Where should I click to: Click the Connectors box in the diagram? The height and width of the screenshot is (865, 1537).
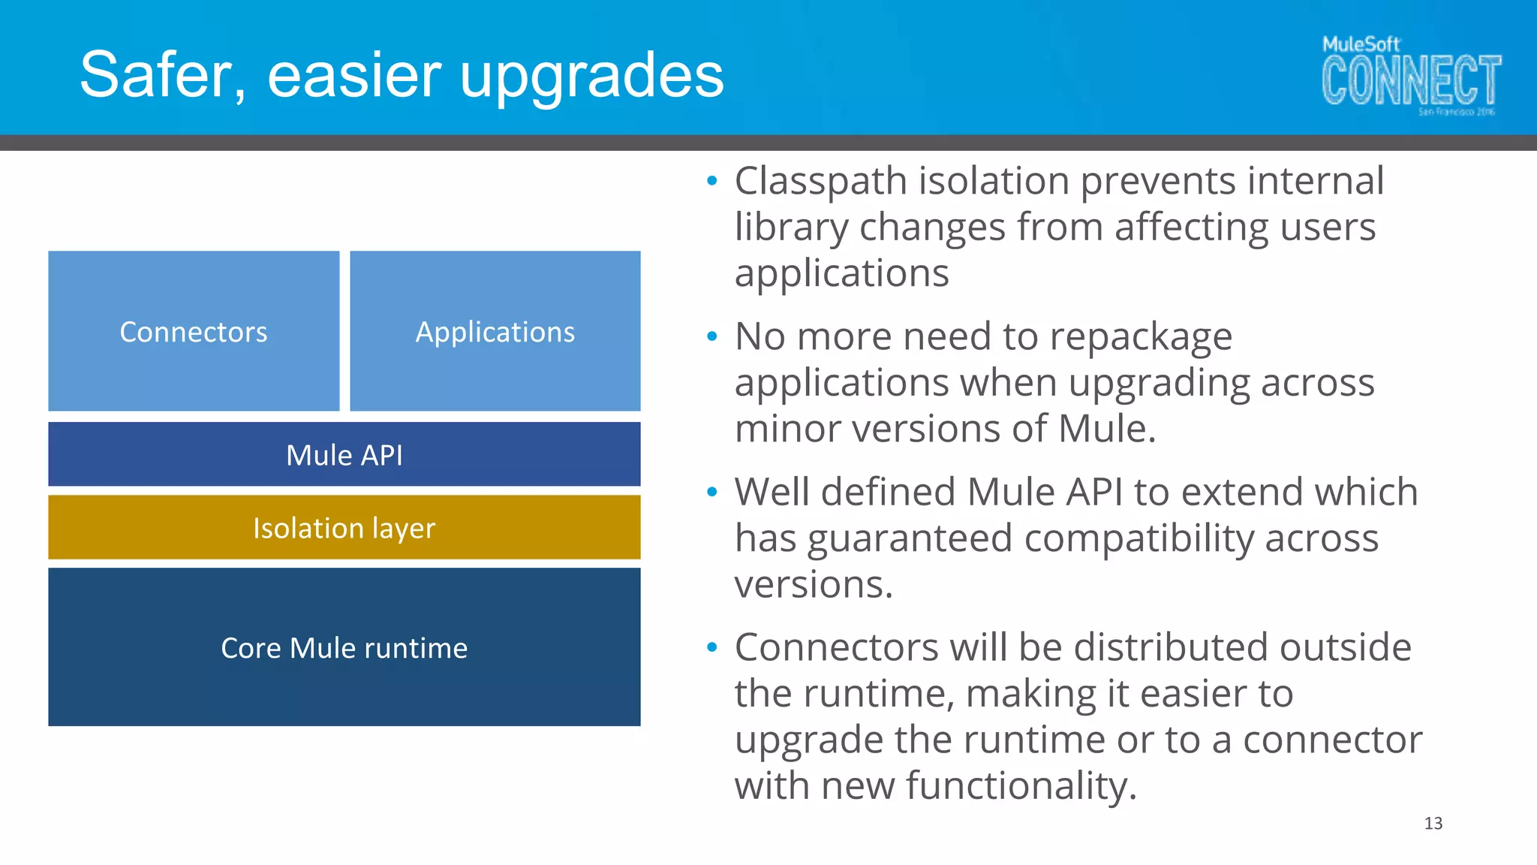[194, 331]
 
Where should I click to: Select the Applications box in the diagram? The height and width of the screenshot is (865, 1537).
[495, 331]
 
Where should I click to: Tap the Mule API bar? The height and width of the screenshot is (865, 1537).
[344, 454]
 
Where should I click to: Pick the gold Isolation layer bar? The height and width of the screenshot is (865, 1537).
[344, 527]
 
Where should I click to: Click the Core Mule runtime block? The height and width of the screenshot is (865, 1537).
[344, 647]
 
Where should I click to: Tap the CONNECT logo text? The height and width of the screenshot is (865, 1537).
[1411, 80]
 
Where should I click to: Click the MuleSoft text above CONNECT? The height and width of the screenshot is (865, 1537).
[1361, 44]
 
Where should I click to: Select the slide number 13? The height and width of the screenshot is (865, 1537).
[1433, 824]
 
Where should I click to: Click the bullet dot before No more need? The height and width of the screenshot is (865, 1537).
[712, 336]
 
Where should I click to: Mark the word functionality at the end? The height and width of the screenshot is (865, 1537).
[1021, 786]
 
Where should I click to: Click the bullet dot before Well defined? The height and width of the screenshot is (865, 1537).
[712, 492]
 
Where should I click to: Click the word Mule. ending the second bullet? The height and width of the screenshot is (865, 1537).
[1107, 429]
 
